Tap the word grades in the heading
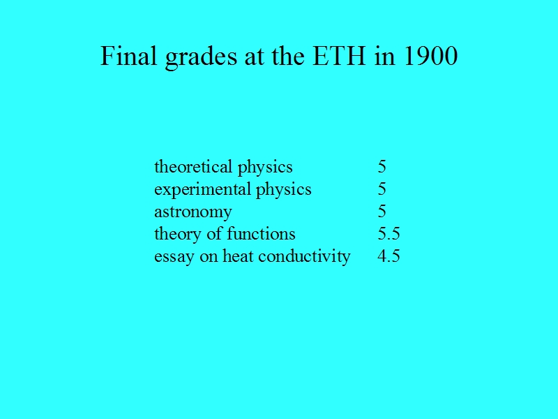201,58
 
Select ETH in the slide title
339,56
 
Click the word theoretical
193,166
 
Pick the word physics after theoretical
265,168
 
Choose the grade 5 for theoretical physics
382,166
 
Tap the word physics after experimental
284,190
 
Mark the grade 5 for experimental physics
382,189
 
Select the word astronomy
193,213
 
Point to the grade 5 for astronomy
382,212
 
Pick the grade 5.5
389,234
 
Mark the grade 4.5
389,256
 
